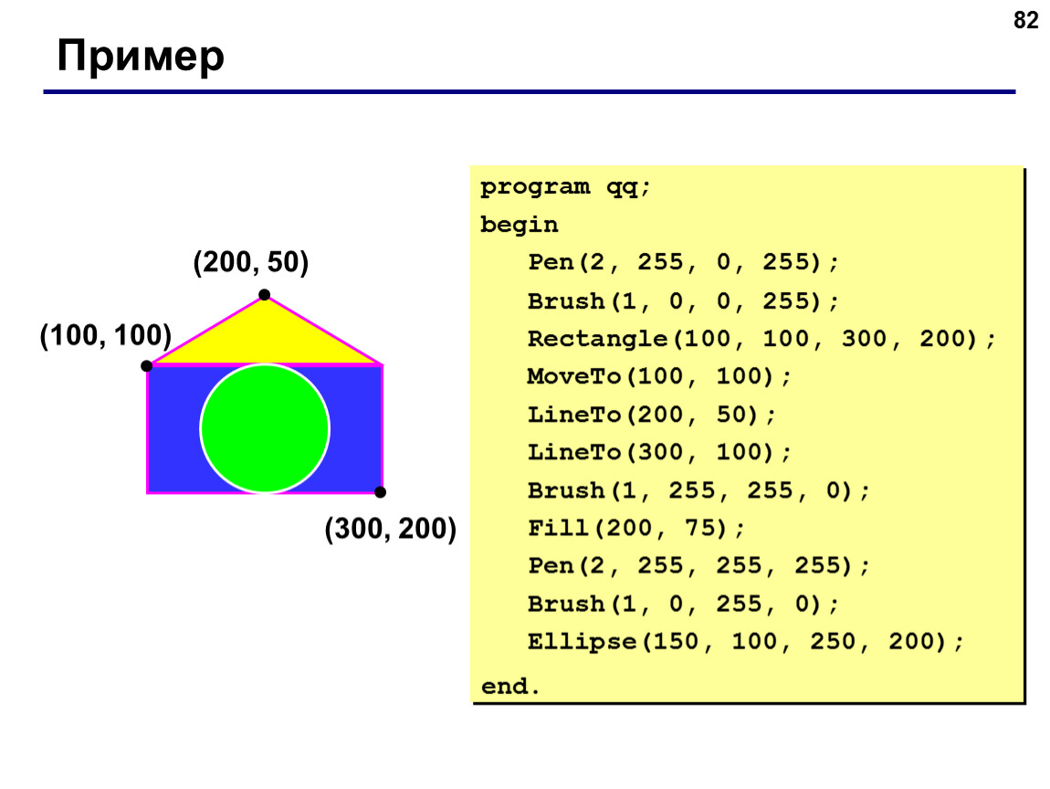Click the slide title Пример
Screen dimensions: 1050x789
tap(141, 57)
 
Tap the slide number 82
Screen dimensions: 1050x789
tap(1025, 21)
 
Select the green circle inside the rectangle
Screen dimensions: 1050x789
tap(265, 428)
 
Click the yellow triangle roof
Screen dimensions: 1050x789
tap(265, 337)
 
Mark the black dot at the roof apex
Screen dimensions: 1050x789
tap(265, 295)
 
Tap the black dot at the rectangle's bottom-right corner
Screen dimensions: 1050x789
tap(381, 492)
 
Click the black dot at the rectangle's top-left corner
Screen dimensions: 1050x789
tap(147, 365)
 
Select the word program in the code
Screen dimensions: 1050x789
tap(535, 187)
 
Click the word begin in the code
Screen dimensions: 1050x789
tap(519, 225)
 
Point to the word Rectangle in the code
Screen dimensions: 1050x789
tap(597, 339)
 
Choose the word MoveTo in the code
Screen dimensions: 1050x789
tap(574, 376)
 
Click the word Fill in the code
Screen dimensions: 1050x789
tap(559, 528)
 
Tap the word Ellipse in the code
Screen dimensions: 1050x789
tap(582, 642)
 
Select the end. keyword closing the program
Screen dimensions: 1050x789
tap(510, 687)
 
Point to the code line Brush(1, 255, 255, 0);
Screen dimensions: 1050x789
tap(698, 491)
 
